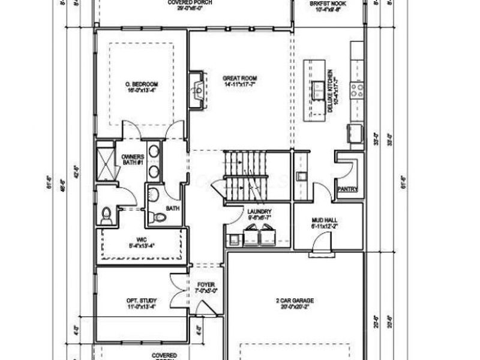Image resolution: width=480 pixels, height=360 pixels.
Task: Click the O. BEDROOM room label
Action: click(142, 83)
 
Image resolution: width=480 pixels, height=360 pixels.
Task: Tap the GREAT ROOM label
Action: click(240, 79)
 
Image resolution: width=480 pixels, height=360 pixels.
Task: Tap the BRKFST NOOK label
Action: click(328, 3)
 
